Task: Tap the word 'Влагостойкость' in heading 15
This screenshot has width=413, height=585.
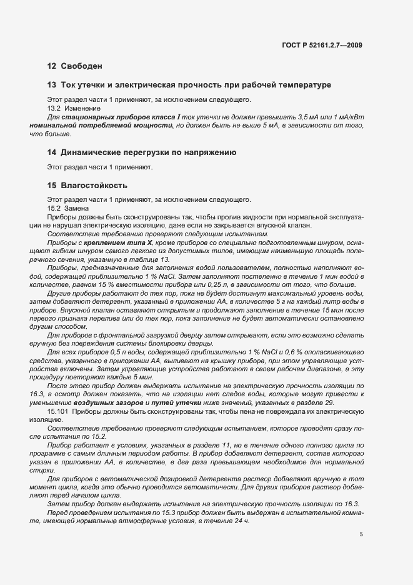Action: (94, 186)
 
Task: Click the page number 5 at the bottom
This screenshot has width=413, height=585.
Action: (361, 534)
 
